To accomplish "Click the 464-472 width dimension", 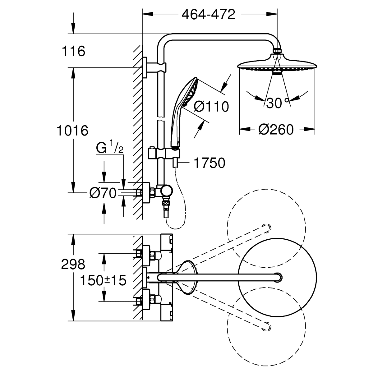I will pyautogui.click(x=209, y=14).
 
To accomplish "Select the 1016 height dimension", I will pyautogui.click(x=72, y=130).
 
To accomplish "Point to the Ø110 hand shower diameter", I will pyautogui.click(x=211, y=106).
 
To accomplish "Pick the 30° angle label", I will pyautogui.click(x=278, y=103).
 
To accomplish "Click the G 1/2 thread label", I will pyautogui.click(x=109, y=149).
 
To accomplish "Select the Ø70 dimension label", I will pyautogui.click(x=103, y=193).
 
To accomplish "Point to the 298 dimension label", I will pyautogui.click(x=72, y=265).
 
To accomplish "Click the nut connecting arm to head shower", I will pyautogui.click(x=277, y=51).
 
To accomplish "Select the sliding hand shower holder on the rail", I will pyautogui.click(x=164, y=153).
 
